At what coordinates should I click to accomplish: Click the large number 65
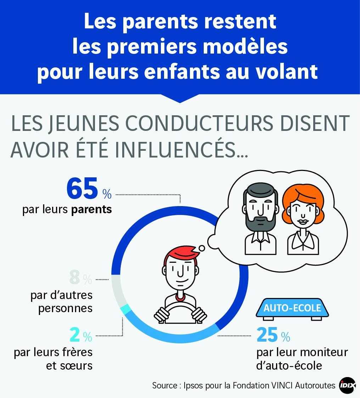(x=82, y=188)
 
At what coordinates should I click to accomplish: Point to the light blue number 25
(x=267, y=335)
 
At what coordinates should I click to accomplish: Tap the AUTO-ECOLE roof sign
(x=292, y=308)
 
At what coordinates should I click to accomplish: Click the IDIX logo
(x=348, y=385)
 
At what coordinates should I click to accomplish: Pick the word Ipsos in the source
(x=193, y=386)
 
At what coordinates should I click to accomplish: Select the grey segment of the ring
(x=118, y=291)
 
